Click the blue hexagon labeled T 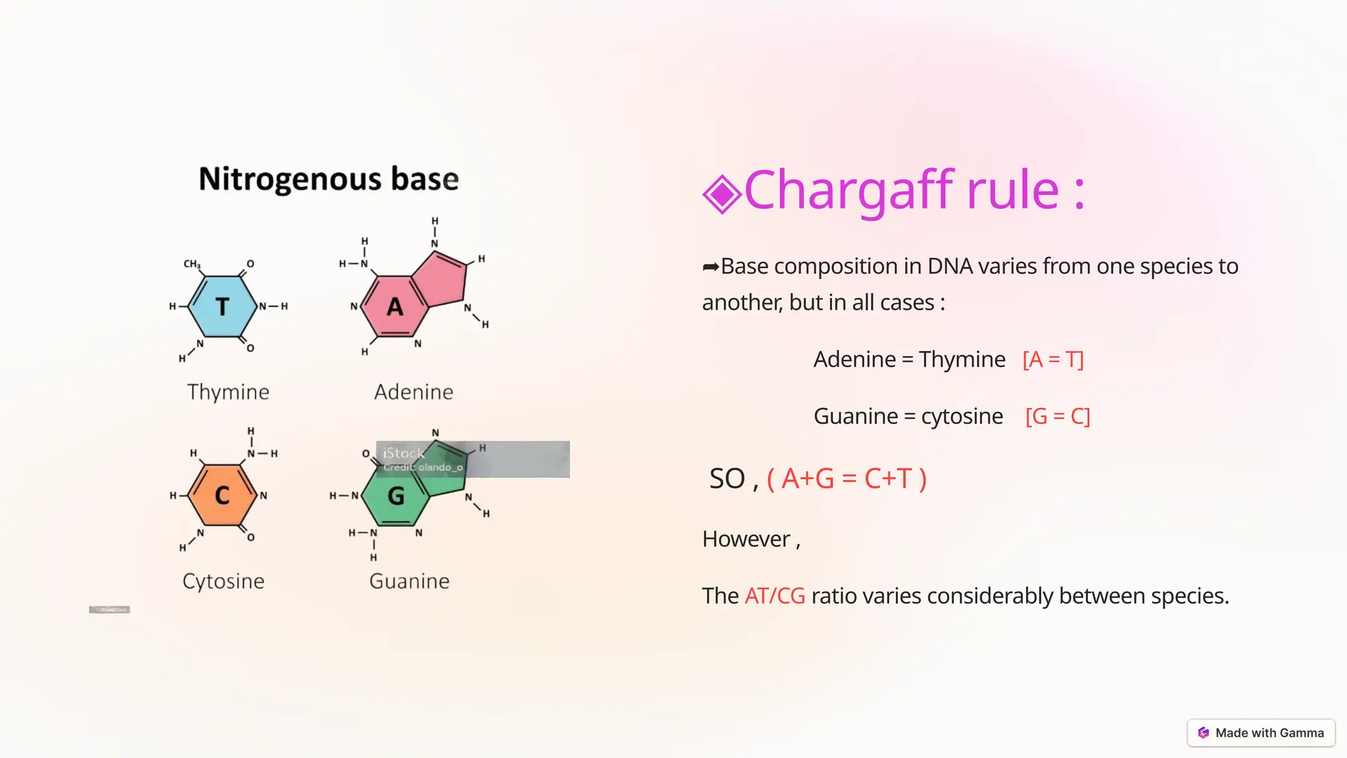click(x=222, y=307)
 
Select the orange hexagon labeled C click(x=222, y=495)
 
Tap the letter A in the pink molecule click(x=395, y=307)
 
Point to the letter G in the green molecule click(x=396, y=495)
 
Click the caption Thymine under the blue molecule click(x=228, y=392)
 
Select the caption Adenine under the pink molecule click(x=414, y=392)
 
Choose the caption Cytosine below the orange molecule click(x=224, y=581)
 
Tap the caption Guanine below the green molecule click(x=410, y=581)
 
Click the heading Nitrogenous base click(x=329, y=179)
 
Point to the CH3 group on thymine click(x=191, y=264)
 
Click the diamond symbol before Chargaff click(x=722, y=194)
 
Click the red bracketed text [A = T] click(x=1053, y=360)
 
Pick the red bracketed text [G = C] click(x=1058, y=417)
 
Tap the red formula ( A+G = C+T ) click(x=847, y=479)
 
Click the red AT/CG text click(x=775, y=596)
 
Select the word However click(x=747, y=540)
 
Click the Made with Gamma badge click(x=1261, y=733)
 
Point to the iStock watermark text click(x=404, y=453)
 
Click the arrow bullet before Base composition click(x=710, y=267)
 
